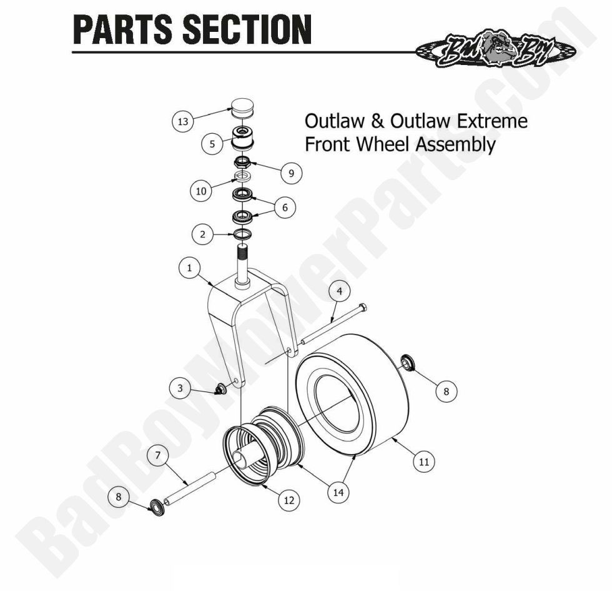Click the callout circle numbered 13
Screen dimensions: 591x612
(182, 122)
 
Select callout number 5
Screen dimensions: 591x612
(212, 143)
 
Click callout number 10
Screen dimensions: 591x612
(200, 191)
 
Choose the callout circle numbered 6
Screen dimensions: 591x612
(285, 208)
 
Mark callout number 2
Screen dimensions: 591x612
(202, 235)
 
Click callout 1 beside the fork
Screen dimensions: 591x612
(189, 268)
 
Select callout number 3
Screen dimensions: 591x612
(180, 388)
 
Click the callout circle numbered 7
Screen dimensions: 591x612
(157, 455)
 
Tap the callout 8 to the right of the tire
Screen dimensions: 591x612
(446, 391)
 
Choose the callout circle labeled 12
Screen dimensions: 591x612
(289, 500)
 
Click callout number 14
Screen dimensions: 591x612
(338, 492)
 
